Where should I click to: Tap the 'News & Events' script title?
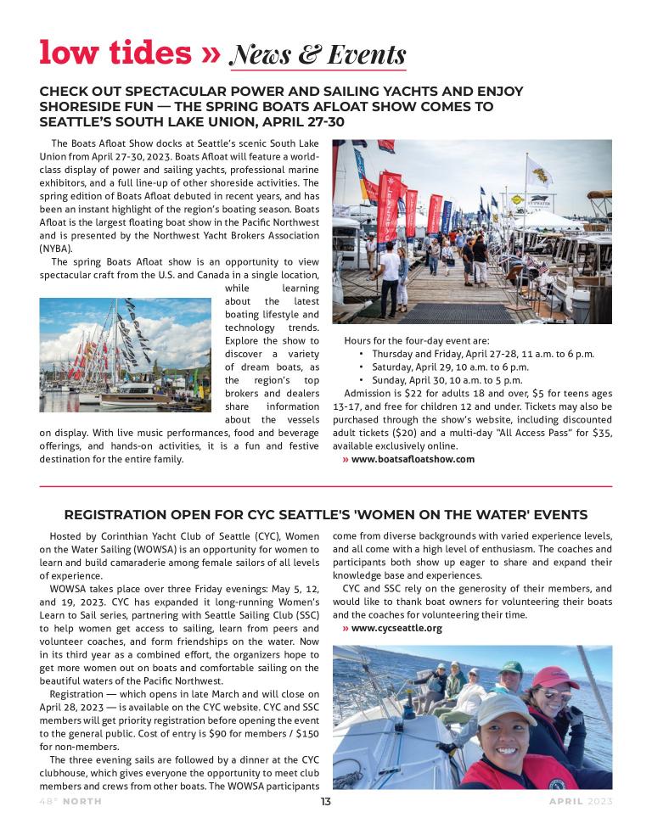318,55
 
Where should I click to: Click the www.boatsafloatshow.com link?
413,459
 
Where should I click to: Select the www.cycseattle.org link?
396,629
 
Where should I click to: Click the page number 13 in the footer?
325,802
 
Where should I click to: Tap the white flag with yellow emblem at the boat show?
537,172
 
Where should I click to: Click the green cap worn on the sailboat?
509,667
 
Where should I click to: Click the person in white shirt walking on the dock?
391,270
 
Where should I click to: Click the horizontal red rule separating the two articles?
326,486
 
